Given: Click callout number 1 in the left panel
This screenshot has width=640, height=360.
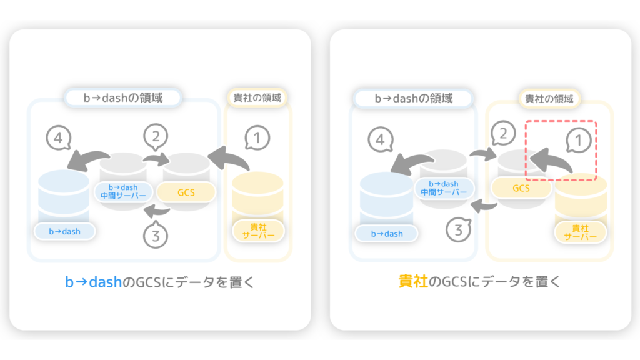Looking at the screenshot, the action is (x=257, y=138).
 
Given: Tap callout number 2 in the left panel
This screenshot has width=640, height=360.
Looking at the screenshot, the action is (x=156, y=136).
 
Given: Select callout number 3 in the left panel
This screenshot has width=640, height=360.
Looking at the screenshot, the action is (x=156, y=235).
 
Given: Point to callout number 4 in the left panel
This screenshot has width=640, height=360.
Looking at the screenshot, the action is (x=58, y=138).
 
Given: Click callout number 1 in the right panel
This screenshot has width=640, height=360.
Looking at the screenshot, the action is (x=578, y=141).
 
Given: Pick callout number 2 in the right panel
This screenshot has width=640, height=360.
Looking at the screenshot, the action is (x=503, y=133).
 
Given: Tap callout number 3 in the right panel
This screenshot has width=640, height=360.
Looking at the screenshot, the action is (x=458, y=230).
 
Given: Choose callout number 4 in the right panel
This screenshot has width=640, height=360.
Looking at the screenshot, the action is (x=381, y=139).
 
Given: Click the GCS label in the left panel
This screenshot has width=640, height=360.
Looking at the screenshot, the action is (x=186, y=192).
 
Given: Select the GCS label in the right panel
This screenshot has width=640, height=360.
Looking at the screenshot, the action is (x=521, y=188).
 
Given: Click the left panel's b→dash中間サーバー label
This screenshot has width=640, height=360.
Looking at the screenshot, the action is (x=123, y=191).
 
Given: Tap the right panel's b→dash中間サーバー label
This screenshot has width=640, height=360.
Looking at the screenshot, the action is (x=444, y=187).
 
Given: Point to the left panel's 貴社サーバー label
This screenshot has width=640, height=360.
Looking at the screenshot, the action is (x=258, y=231).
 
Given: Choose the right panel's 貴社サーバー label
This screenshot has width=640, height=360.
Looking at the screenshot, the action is (x=580, y=232).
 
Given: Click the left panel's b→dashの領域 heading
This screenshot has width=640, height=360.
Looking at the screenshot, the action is (x=123, y=97).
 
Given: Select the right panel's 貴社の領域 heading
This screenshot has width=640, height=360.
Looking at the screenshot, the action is (x=549, y=98).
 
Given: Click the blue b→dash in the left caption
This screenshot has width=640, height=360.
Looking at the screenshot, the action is (x=94, y=282).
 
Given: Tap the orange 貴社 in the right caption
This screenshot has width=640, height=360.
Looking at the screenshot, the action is (x=413, y=282).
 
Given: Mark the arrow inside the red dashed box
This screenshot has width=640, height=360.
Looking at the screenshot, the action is (x=551, y=160).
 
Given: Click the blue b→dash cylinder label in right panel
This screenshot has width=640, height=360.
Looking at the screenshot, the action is (x=386, y=234).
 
